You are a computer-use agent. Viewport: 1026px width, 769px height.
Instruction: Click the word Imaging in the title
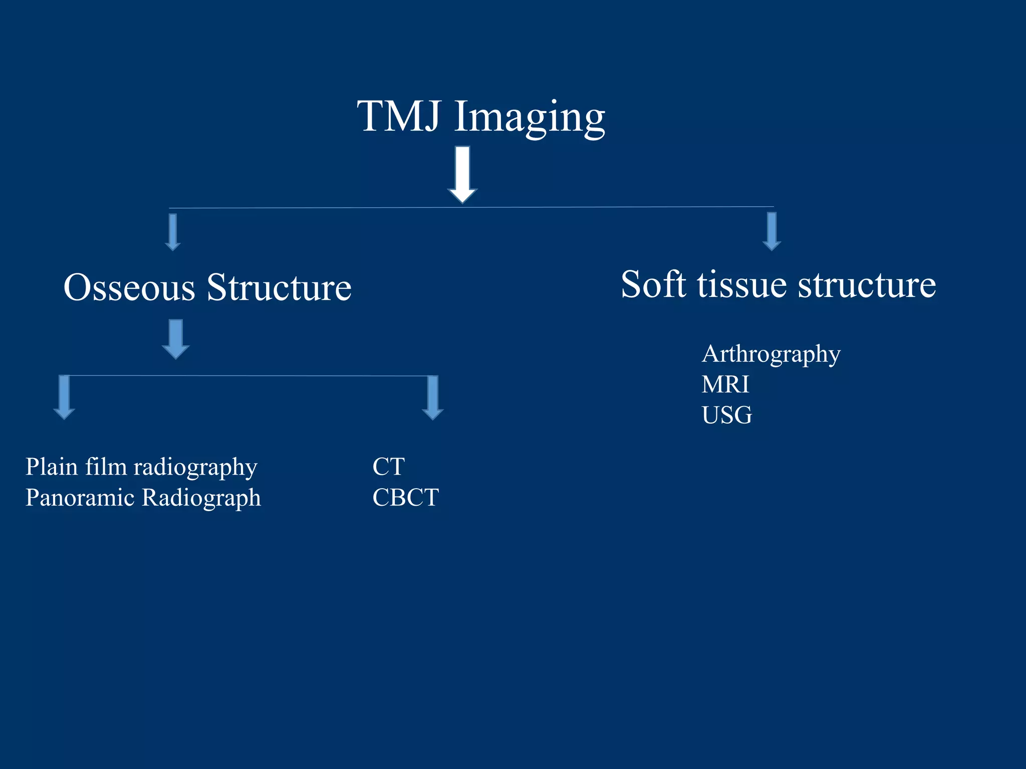(x=530, y=118)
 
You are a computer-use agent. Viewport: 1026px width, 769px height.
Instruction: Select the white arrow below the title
(x=462, y=174)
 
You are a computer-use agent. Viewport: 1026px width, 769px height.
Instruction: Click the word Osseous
(x=129, y=288)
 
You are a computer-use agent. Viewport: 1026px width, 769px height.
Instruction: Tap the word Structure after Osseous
(x=279, y=288)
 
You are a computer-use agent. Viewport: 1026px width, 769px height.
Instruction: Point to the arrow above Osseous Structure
(x=173, y=232)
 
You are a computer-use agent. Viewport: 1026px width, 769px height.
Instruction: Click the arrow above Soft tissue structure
(x=772, y=231)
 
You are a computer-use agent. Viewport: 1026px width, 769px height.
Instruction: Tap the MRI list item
(x=725, y=384)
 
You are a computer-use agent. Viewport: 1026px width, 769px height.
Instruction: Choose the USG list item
(x=726, y=415)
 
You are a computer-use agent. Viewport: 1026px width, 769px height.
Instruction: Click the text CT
(x=388, y=467)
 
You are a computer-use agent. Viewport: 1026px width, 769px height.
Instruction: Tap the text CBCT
(x=405, y=498)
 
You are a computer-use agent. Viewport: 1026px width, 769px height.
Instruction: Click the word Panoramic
(x=80, y=498)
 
